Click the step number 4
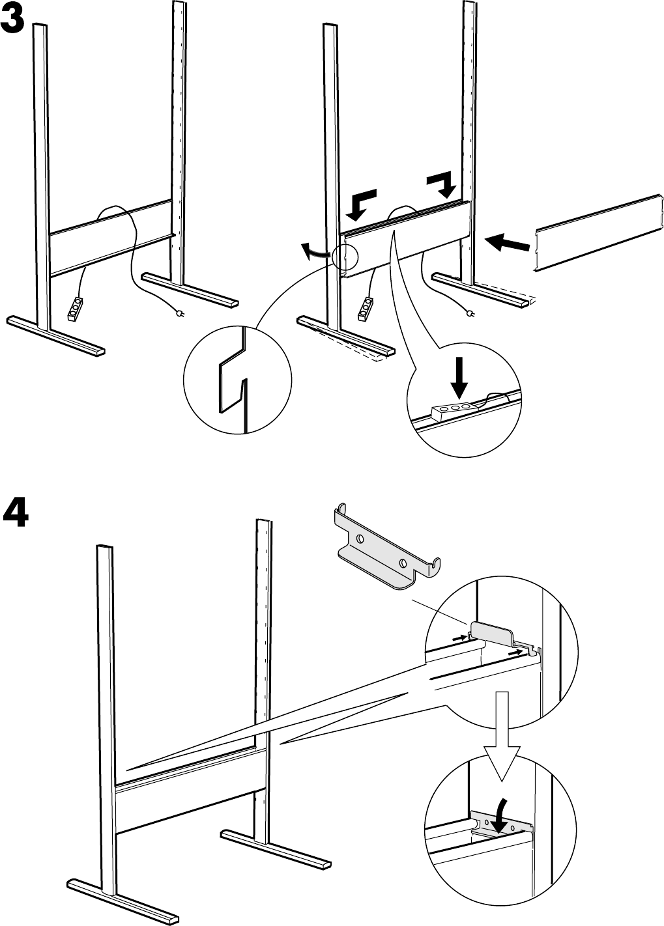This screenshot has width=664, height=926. [x=15, y=514]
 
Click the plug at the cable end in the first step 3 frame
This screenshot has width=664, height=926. [x=180, y=316]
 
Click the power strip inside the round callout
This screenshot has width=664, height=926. [x=452, y=410]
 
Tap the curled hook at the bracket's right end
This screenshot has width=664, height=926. [x=435, y=565]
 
